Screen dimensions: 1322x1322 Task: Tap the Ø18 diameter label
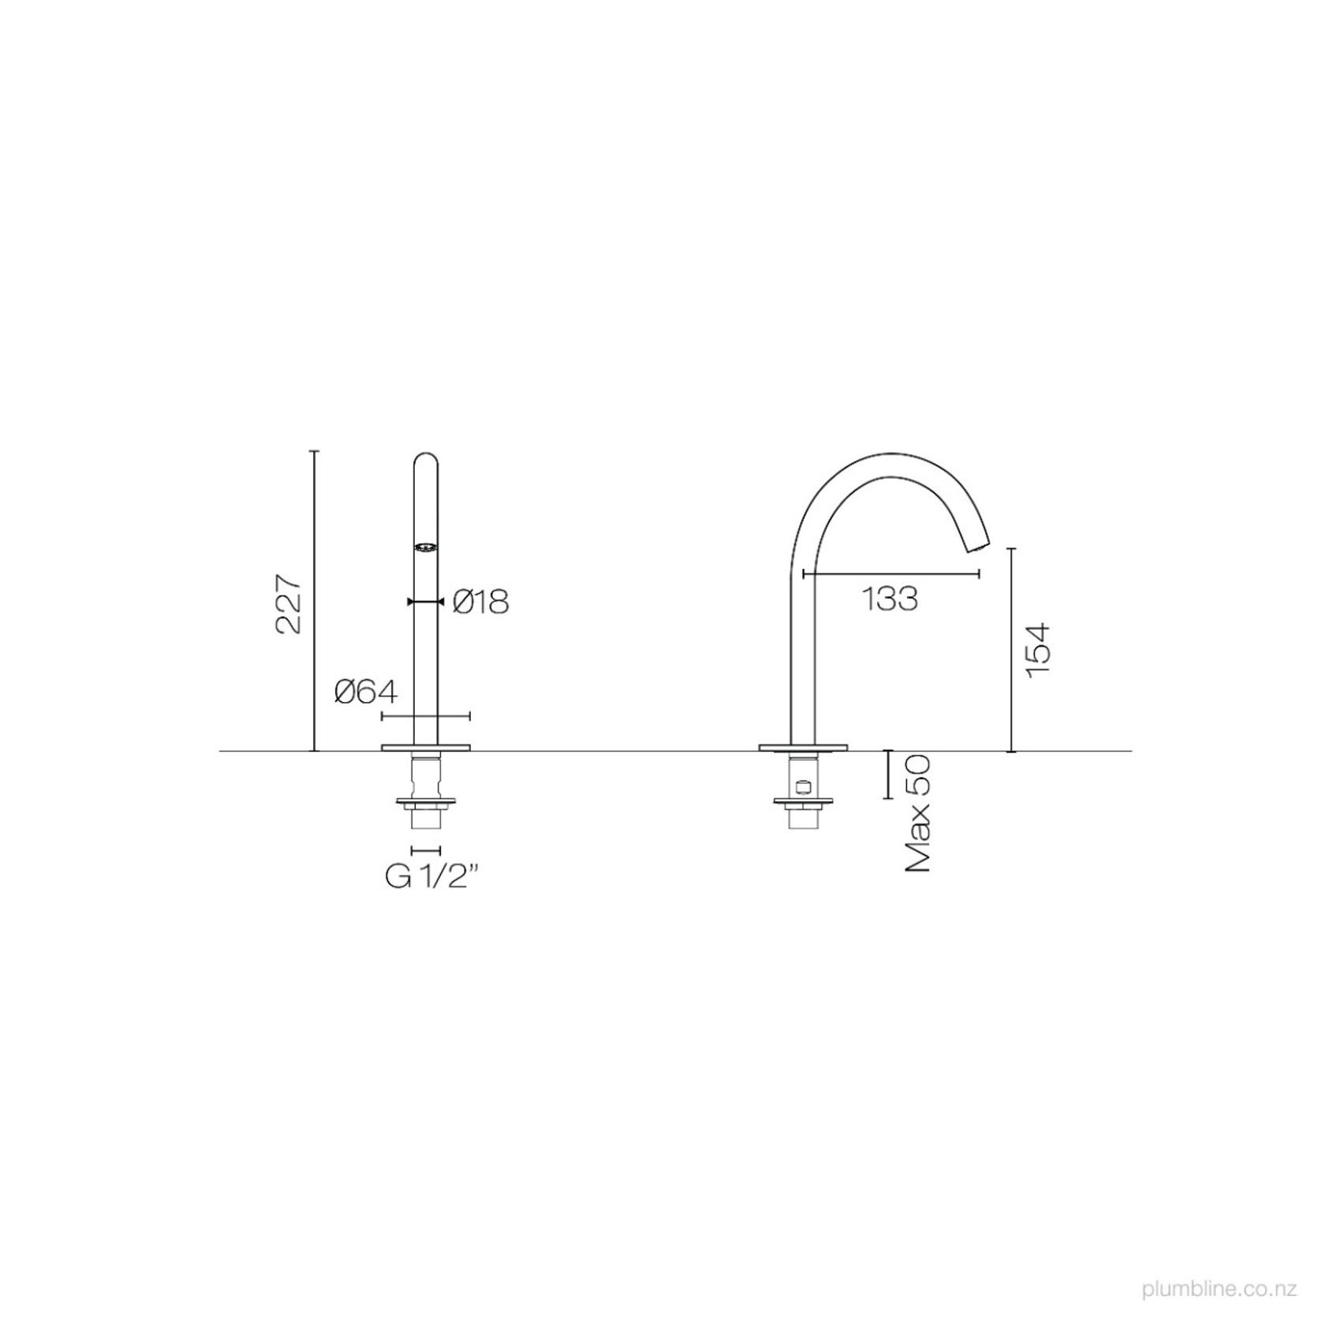[481, 603]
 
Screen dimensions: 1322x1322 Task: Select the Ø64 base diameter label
[366, 692]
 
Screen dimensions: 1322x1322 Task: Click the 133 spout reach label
[889, 599]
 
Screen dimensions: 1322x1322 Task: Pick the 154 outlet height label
[1037, 648]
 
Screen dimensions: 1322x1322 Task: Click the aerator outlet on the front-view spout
[426, 547]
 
